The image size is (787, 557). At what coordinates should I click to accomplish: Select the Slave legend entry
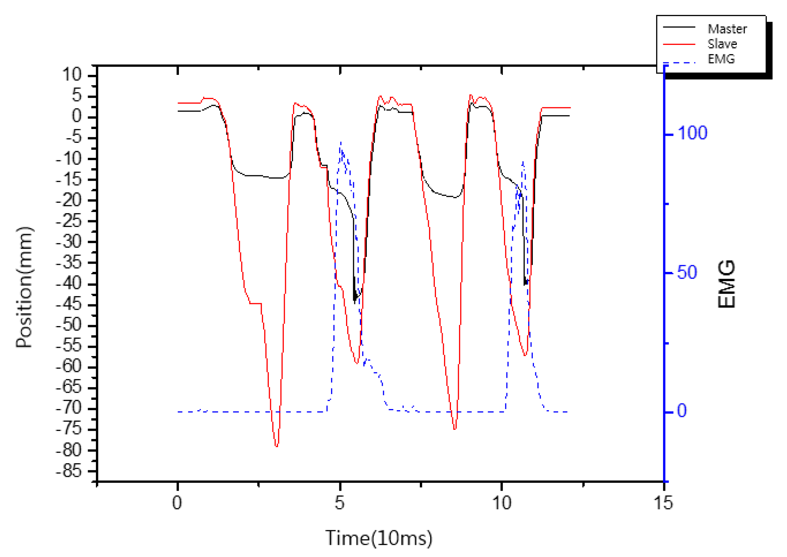(x=721, y=43)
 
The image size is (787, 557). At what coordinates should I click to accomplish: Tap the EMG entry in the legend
(x=720, y=59)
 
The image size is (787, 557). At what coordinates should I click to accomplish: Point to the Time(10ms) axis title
(x=379, y=538)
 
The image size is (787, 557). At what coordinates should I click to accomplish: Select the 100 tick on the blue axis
(x=692, y=133)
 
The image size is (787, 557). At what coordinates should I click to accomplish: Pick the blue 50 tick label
(x=686, y=272)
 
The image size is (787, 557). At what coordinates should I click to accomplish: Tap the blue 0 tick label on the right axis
(x=681, y=411)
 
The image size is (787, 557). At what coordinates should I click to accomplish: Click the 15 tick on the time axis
(x=663, y=503)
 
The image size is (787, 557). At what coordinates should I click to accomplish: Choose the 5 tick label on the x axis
(x=339, y=503)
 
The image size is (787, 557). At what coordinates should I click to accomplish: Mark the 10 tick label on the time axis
(x=501, y=503)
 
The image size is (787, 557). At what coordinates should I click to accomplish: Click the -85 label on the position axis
(x=69, y=472)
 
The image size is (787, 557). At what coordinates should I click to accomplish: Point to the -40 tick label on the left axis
(x=69, y=284)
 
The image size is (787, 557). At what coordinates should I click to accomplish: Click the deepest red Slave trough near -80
(x=277, y=446)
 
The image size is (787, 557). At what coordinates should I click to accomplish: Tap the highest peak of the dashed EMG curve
(x=341, y=142)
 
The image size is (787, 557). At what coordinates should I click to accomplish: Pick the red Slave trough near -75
(x=455, y=429)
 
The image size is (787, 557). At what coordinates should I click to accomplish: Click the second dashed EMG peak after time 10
(x=523, y=162)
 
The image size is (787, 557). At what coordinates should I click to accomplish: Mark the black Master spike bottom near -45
(x=355, y=301)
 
